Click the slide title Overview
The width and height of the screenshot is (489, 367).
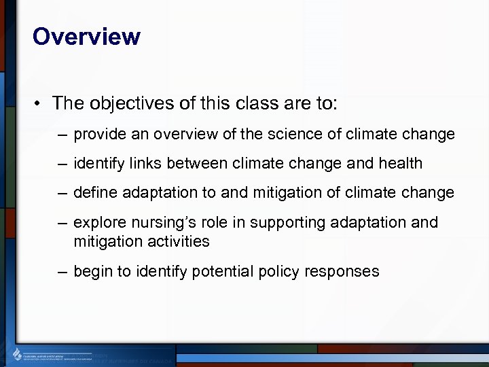(x=86, y=37)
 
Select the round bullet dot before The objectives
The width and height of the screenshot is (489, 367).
(x=38, y=104)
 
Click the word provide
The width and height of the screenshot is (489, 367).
(x=96, y=135)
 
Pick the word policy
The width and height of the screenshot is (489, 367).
(x=280, y=272)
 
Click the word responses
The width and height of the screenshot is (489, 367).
(x=342, y=272)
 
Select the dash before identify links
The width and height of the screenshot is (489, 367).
(x=62, y=164)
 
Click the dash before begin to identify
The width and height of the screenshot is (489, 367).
(x=62, y=272)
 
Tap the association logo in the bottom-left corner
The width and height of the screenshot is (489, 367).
(x=18, y=353)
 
